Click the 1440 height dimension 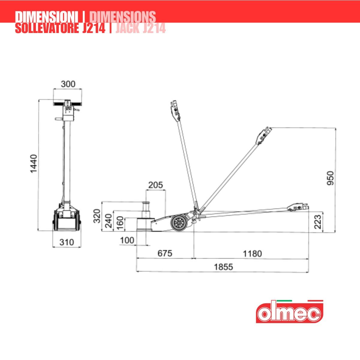pos(34,164)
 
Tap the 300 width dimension pos(68,84)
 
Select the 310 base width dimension pos(67,242)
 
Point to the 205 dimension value pos(156,185)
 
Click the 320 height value pos(97,216)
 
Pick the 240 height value pos(109,221)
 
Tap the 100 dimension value pos(127,240)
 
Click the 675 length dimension pos(165,253)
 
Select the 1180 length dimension pos(252,254)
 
